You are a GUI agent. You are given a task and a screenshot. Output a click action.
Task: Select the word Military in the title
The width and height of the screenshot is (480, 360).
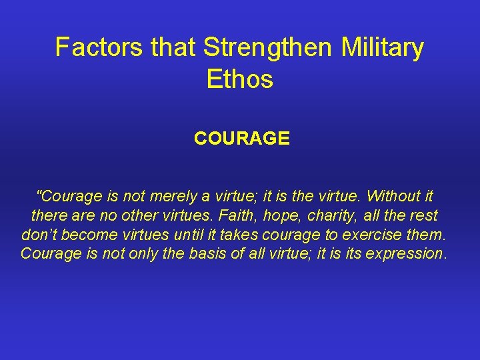pos(382,47)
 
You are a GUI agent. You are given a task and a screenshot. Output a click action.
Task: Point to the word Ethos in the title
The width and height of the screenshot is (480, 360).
pos(240,79)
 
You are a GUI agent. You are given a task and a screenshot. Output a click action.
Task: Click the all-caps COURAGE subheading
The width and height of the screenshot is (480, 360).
pos(241,139)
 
